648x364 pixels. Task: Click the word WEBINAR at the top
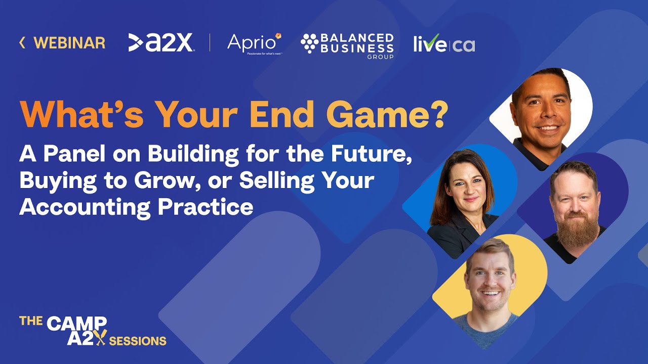[69, 43]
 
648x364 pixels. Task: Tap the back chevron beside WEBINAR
[22, 43]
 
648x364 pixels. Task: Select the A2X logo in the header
[160, 43]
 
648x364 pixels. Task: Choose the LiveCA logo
[444, 44]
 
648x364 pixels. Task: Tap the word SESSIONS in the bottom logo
[138, 340]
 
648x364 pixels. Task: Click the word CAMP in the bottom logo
[77, 324]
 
